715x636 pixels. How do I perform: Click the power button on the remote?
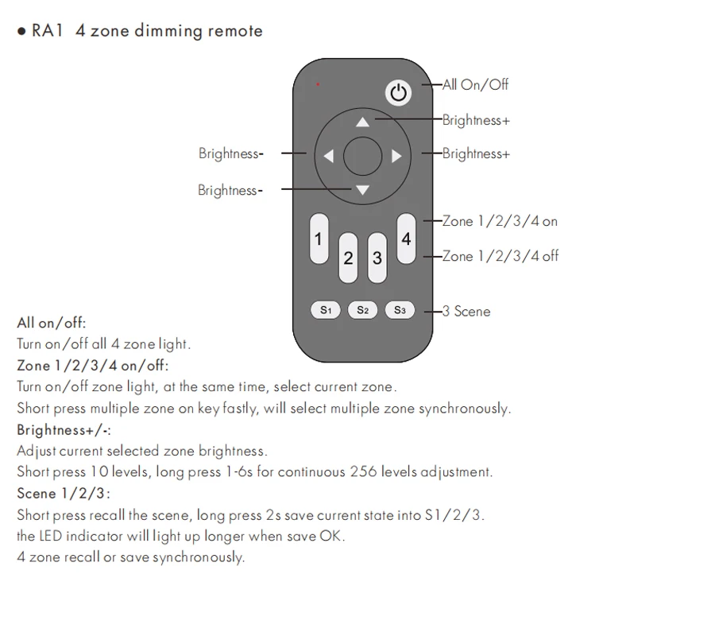click(x=399, y=93)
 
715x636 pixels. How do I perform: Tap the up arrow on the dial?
click(x=363, y=122)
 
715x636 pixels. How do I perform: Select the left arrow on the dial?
click(x=328, y=157)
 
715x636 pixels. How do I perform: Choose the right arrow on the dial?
click(x=396, y=157)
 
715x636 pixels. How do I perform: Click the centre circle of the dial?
click(x=363, y=156)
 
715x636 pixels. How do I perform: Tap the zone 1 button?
click(x=319, y=238)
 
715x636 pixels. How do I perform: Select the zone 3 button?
click(x=377, y=258)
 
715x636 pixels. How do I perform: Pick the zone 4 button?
click(x=406, y=238)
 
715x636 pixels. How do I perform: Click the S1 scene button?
click(x=326, y=310)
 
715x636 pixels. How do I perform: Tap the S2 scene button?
click(x=362, y=310)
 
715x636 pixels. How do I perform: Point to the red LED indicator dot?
click(x=318, y=83)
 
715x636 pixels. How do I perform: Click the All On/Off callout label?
click(x=475, y=85)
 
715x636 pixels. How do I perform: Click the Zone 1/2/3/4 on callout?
click(x=500, y=221)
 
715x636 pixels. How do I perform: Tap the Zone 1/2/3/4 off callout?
click(x=500, y=256)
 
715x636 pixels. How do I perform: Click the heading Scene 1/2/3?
click(x=64, y=493)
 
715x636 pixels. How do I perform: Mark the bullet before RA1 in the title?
click(x=21, y=33)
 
